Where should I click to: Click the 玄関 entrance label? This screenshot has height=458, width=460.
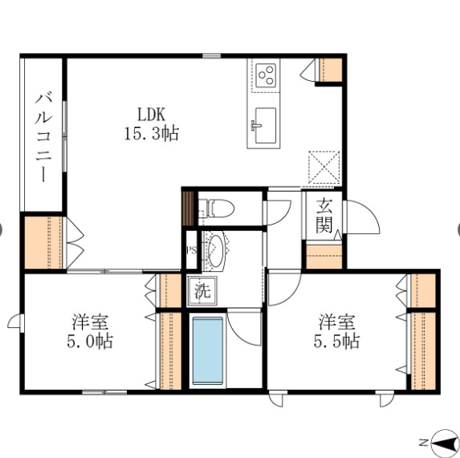pyautogui.click(x=324, y=214)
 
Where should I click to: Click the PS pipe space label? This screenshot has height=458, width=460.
pyautogui.click(x=190, y=249)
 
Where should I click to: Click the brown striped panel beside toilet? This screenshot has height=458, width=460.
pyautogui.click(x=189, y=208)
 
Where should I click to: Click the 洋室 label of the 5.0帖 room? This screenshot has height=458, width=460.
pyautogui.click(x=91, y=322)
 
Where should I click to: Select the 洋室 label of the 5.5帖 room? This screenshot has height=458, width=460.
pyautogui.click(x=337, y=322)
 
